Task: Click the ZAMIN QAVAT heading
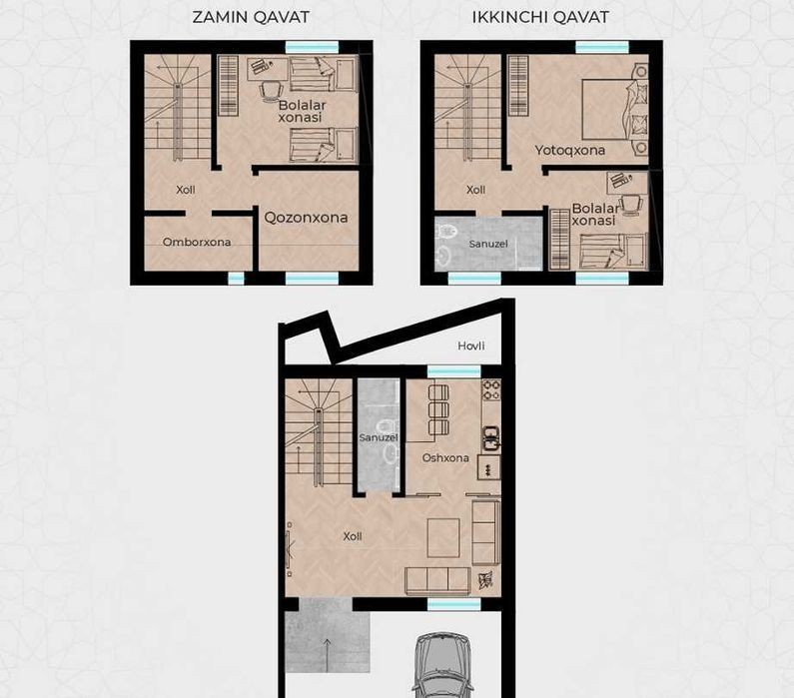coord(251,17)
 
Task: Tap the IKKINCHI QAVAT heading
coord(540,17)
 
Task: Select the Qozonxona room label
coord(306,218)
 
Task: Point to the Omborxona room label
coord(197,242)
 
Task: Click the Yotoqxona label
coord(569,151)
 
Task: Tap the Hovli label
coord(471,346)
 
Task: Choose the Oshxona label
coord(445,458)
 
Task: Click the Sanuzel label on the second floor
coord(488,244)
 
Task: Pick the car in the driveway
coord(442,664)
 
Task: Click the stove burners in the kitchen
coord(490,390)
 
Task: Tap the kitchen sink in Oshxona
coord(490,438)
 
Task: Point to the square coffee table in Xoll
coord(443,537)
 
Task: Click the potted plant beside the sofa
coord(485,580)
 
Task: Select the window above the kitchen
coord(453,371)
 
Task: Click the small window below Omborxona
coord(236,278)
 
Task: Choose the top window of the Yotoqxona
coord(602,48)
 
